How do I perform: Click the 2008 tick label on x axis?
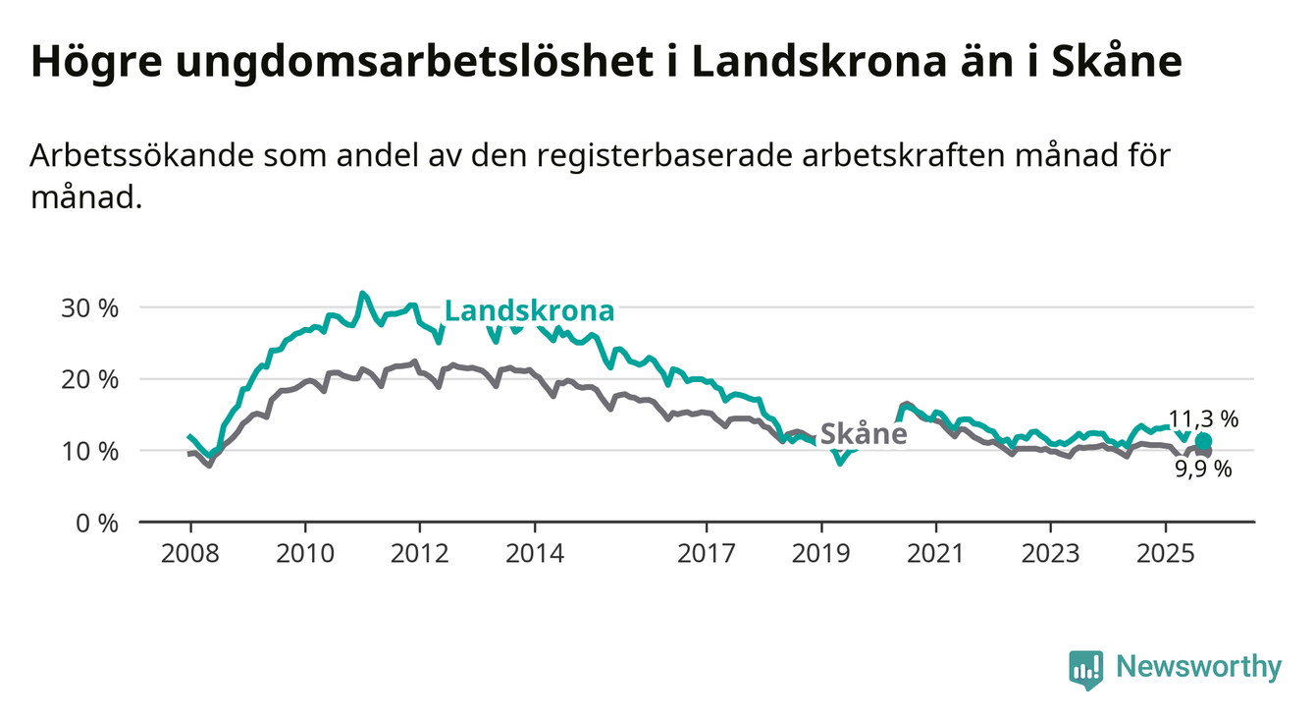190,553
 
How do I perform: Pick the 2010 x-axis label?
305,553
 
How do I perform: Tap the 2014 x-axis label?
535,553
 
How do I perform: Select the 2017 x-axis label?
707,553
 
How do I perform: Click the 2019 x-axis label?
821,553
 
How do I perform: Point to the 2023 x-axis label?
1051,553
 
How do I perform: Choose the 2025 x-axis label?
1166,553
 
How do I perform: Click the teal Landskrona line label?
530,311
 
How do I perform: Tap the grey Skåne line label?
863,433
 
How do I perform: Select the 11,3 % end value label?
1203,418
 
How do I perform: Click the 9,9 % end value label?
1203,469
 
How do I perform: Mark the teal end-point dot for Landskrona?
1203,441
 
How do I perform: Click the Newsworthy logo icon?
1085,669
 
